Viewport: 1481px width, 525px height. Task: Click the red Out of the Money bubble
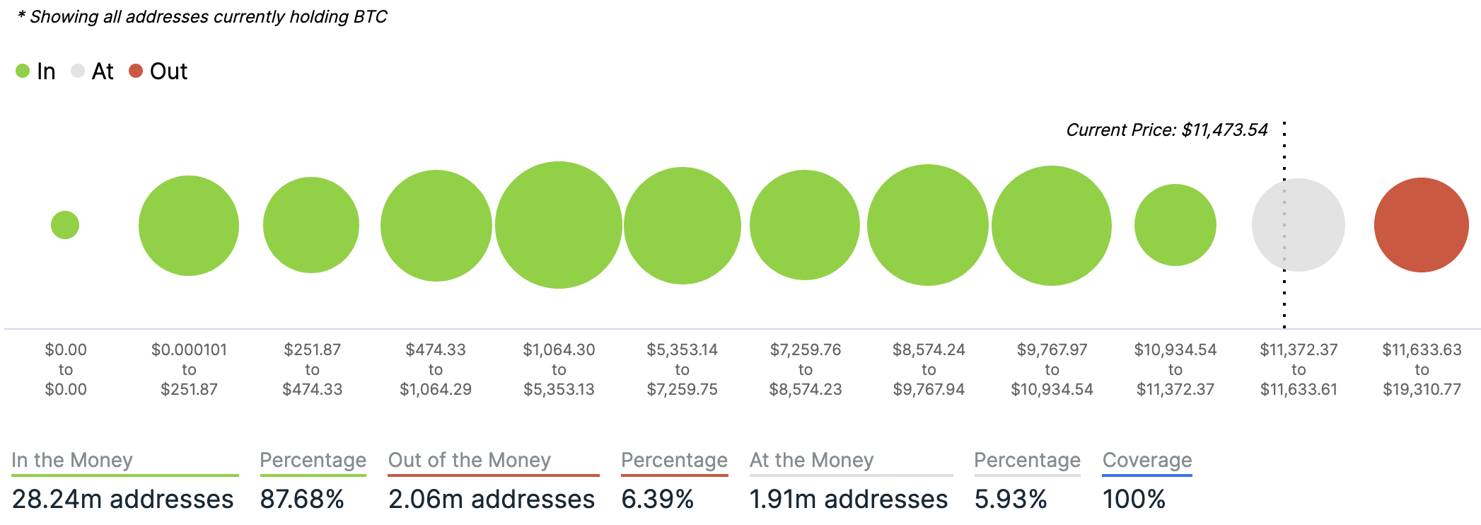tap(1421, 225)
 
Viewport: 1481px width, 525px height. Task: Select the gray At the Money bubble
tap(1298, 225)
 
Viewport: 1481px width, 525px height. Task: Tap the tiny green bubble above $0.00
tap(65, 225)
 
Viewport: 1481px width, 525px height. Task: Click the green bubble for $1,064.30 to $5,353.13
tap(559, 225)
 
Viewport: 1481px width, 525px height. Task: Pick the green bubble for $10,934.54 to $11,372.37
tap(1175, 225)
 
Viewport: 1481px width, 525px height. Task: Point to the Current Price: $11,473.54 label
tap(1166, 130)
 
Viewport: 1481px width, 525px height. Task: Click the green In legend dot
tap(23, 71)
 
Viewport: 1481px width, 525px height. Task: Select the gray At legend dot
tap(78, 71)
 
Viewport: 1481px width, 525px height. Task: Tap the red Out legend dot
tap(136, 71)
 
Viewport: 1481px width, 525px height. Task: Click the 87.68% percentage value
tap(302, 500)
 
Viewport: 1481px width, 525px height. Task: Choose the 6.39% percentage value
tap(657, 500)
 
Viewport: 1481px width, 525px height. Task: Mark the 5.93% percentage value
tap(1010, 500)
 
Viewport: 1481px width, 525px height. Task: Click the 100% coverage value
tap(1133, 500)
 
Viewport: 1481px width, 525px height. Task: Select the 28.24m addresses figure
tap(122, 500)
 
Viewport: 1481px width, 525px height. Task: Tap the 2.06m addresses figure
tap(492, 500)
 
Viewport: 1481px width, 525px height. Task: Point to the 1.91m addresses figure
tap(848, 500)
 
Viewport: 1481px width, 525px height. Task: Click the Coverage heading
tap(1146, 460)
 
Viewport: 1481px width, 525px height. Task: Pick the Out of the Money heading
tap(469, 460)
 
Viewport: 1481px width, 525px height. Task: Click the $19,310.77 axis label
tap(1422, 389)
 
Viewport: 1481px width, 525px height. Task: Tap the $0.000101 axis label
tap(189, 350)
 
